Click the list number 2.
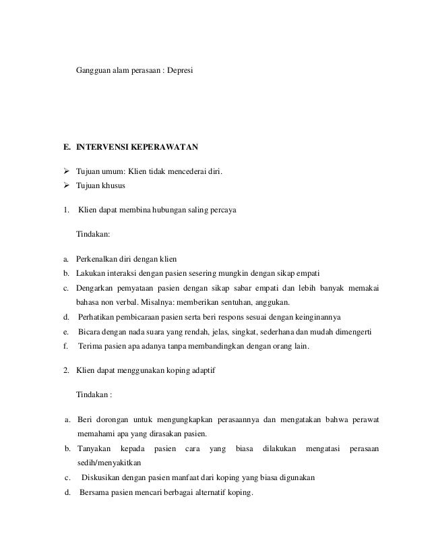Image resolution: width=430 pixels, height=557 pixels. coord(65,370)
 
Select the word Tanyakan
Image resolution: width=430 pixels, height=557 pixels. coord(95,448)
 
